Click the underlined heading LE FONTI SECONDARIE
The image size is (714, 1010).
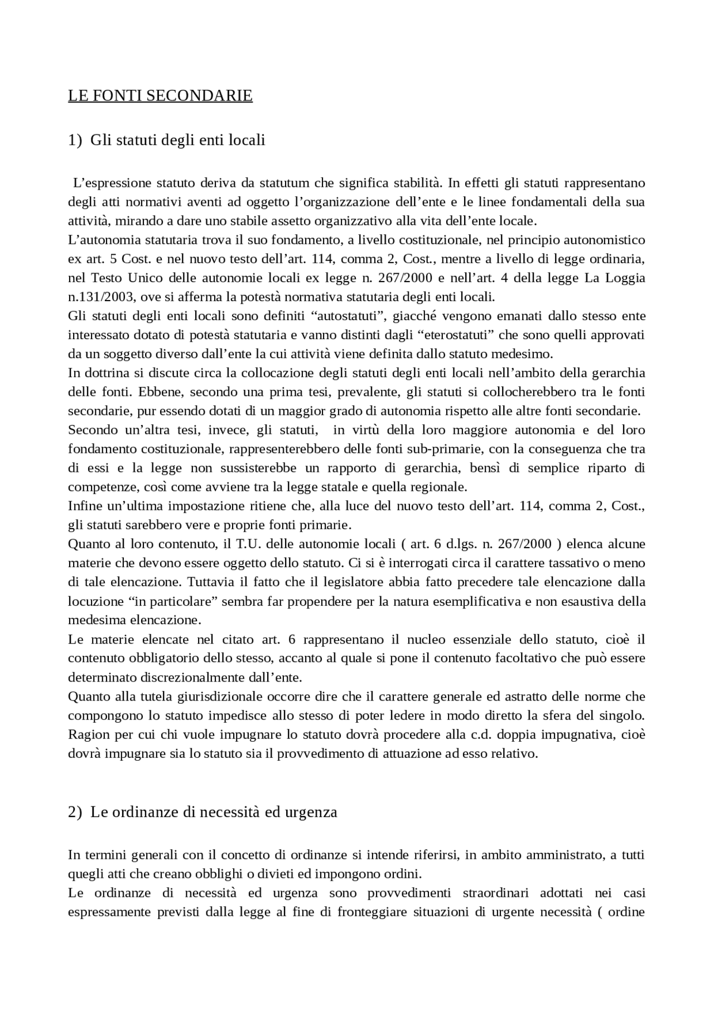pos(160,96)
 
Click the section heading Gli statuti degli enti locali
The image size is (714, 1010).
pos(177,139)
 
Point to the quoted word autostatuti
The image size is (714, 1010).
pos(349,316)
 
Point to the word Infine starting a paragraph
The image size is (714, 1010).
pos(84,506)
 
